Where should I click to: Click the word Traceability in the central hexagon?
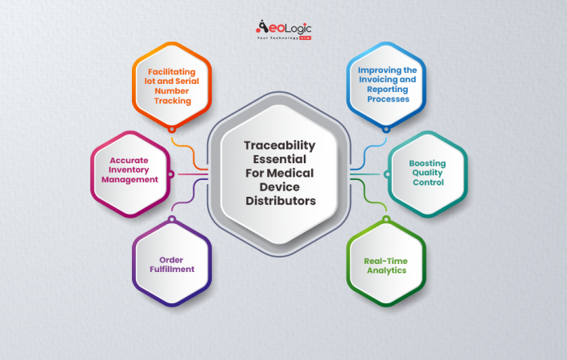click(279, 145)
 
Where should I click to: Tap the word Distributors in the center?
click(279, 201)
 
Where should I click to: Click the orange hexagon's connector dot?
click(171, 128)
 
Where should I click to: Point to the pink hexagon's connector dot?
click(170, 174)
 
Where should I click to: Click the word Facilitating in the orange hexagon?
click(171, 70)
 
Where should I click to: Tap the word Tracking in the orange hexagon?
click(171, 101)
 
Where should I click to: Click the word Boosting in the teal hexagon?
click(427, 162)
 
